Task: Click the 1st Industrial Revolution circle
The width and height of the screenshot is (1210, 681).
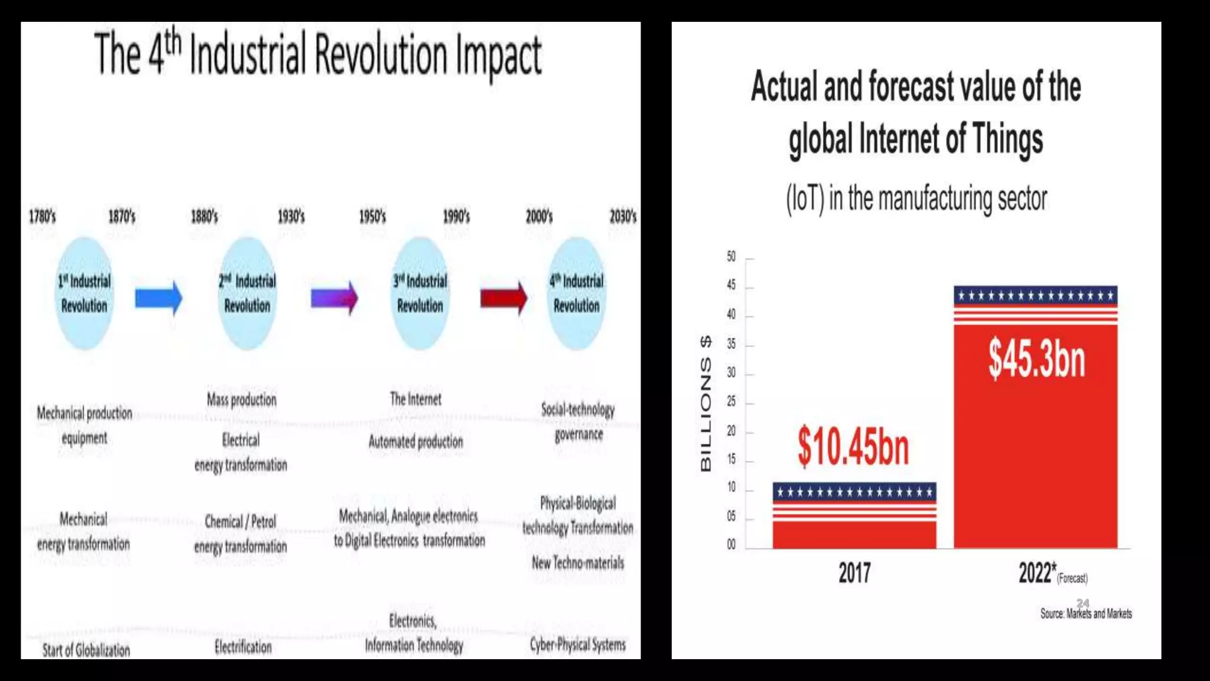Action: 84,294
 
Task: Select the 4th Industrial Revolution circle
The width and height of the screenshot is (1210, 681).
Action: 577,294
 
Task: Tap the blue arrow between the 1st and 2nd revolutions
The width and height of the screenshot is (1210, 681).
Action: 158,298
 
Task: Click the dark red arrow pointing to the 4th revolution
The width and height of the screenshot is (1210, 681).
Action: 503,298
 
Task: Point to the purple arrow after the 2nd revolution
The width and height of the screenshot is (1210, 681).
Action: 334,298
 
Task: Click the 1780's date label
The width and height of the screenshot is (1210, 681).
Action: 42,216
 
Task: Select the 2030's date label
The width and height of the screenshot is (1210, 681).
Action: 623,216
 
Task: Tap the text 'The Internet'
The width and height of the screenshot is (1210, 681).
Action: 415,400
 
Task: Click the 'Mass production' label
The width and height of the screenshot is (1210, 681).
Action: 242,400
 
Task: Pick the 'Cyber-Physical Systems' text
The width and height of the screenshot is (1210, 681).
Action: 577,645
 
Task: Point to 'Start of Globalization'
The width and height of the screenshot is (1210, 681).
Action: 86,650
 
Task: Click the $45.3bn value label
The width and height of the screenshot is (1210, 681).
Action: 1037,359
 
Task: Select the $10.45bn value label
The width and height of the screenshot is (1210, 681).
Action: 853,447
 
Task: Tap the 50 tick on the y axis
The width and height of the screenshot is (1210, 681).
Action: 731,257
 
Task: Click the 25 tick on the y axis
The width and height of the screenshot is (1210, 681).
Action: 731,401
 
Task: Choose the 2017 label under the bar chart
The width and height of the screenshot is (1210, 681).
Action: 854,573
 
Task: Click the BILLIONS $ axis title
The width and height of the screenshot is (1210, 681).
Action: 706,404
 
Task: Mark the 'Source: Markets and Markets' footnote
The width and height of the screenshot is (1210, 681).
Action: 1086,614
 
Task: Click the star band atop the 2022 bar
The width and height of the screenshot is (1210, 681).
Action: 1035,296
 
